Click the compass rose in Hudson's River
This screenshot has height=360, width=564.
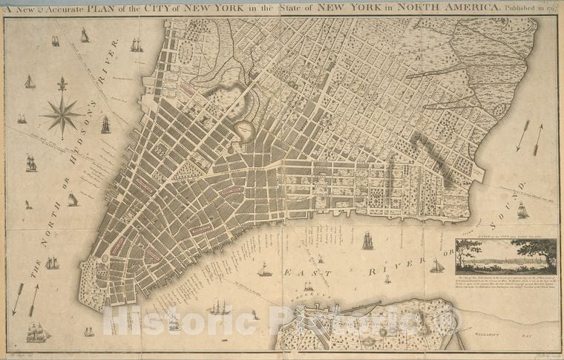tap(62, 115)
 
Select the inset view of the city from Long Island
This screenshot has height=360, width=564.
tap(506, 257)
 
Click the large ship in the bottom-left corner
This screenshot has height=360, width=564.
tap(37, 333)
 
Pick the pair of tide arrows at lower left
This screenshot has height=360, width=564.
tap(25, 298)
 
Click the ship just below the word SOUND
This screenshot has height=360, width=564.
tap(522, 211)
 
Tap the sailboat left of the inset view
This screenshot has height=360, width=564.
tap(437, 266)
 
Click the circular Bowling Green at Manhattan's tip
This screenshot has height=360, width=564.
tap(105, 258)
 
